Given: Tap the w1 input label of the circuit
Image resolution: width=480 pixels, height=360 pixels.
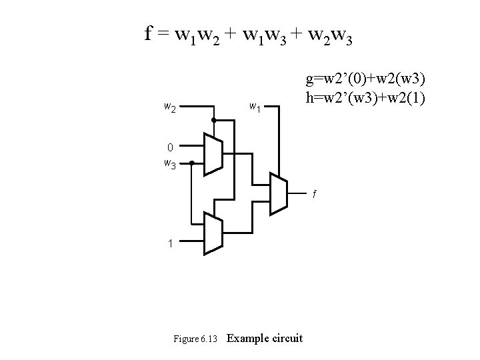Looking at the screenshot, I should [255, 106].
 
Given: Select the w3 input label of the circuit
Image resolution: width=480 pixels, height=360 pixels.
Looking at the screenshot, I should [170, 163].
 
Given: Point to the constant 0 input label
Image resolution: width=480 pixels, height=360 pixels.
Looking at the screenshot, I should [171, 147].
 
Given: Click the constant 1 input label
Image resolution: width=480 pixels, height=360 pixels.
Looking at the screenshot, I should [171, 243].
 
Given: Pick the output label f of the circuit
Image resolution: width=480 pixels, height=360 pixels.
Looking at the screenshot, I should [317, 195].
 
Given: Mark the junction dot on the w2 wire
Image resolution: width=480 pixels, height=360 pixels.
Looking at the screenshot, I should [213, 119].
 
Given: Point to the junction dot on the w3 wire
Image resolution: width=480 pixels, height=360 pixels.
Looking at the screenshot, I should [191, 162].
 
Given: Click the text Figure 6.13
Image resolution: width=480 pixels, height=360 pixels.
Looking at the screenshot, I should [195, 339].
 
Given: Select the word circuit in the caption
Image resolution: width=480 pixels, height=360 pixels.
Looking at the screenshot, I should [287, 338].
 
